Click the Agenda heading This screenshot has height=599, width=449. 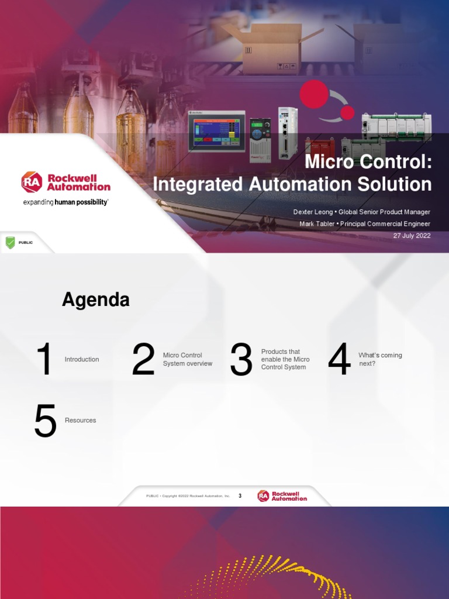click(96, 300)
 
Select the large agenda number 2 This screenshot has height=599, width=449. click(143, 359)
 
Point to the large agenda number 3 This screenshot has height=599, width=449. click(241, 359)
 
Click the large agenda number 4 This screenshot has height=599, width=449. click(339, 359)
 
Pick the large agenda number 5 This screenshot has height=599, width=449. click(46, 421)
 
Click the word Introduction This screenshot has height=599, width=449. click(82, 359)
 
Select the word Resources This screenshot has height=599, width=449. click(81, 421)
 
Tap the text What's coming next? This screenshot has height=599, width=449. click(380, 359)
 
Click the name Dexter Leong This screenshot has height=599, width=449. click(313, 212)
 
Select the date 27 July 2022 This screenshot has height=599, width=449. click(412, 236)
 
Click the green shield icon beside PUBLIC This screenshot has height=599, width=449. click(10, 242)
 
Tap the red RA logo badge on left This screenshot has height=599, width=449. click(32, 182)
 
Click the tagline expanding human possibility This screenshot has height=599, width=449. click(65, 202)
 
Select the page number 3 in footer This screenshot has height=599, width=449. click(240, 496)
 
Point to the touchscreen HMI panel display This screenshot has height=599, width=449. click(216, 131)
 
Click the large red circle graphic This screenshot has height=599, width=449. click(314, 95)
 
